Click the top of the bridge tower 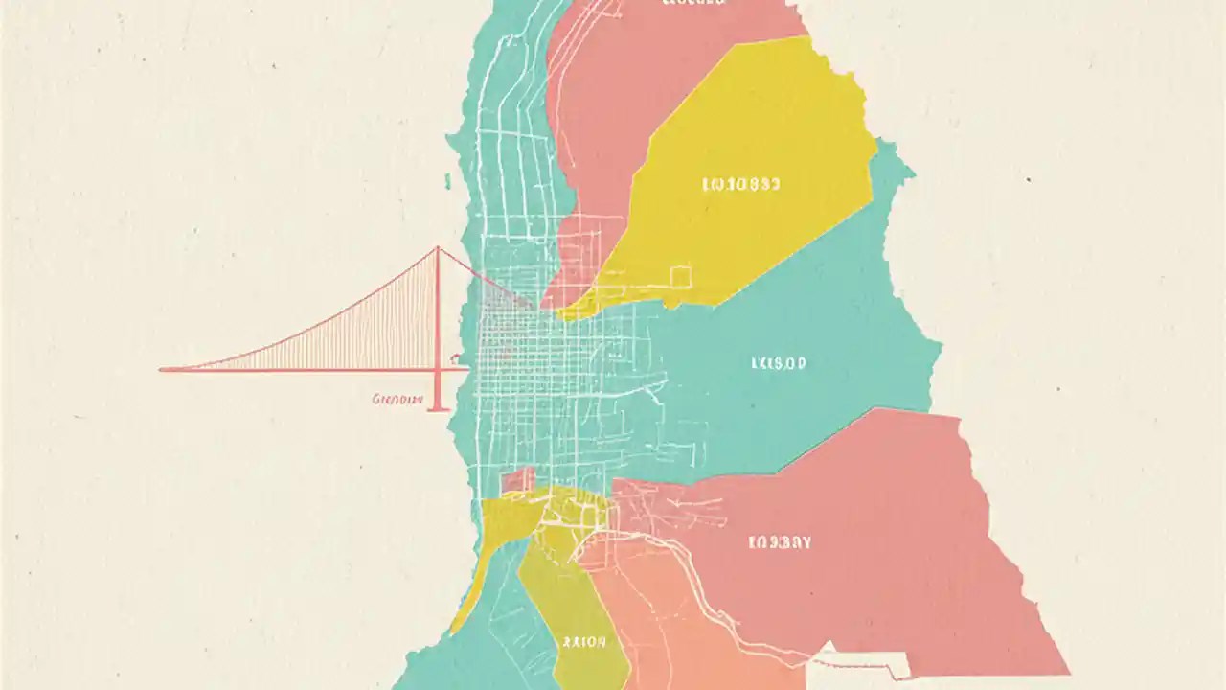(438, 249)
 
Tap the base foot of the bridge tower (438, 408)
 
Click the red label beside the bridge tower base (396, 398)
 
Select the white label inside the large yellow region (741, 183)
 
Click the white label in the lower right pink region (779, 542)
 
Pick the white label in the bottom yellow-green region (583, 642)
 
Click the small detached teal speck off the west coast (447, 179)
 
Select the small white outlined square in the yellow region (681, 277)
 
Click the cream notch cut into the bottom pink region (862, 661)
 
